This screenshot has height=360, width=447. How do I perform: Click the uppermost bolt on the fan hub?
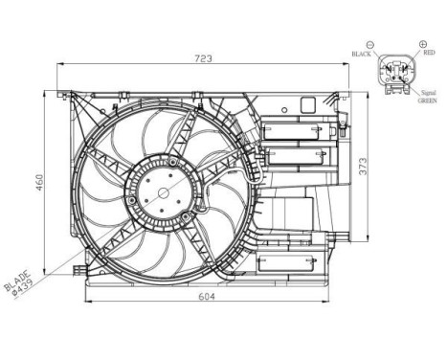click(162, 171)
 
